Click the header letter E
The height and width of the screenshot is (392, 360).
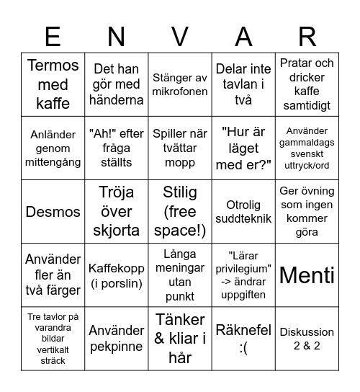[x=53, y=35]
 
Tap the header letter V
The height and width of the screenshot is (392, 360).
[x=180, y=35]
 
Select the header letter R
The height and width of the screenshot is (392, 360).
[x=307, y=35]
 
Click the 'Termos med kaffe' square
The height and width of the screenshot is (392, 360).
[x=53, y=84]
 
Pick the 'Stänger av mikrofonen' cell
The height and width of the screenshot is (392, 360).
[x=180, y=84]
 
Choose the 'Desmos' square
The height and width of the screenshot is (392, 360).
[x=53, y=212]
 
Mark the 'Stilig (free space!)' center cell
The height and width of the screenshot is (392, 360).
[x=180, y=212]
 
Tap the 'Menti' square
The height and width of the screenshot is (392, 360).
[x=307, y=275]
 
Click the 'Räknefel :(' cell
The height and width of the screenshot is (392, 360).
[x=243, y=339]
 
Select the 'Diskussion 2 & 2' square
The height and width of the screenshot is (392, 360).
[x=307, y=339]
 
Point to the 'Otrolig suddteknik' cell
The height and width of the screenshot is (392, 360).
[x=243, y=212]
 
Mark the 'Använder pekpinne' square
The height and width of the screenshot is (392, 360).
[x=117, y=339]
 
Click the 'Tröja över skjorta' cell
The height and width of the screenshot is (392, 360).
[x=117, y=212]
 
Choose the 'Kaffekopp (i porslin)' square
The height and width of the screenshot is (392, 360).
[x=117, y=275]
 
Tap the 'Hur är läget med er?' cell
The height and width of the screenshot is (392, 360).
[x=243, y=148]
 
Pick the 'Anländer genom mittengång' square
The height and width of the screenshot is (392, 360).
[x=53, y=148]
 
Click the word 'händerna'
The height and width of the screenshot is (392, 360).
[x=117, y=100]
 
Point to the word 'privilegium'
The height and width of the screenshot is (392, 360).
[x=243, y=268]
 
